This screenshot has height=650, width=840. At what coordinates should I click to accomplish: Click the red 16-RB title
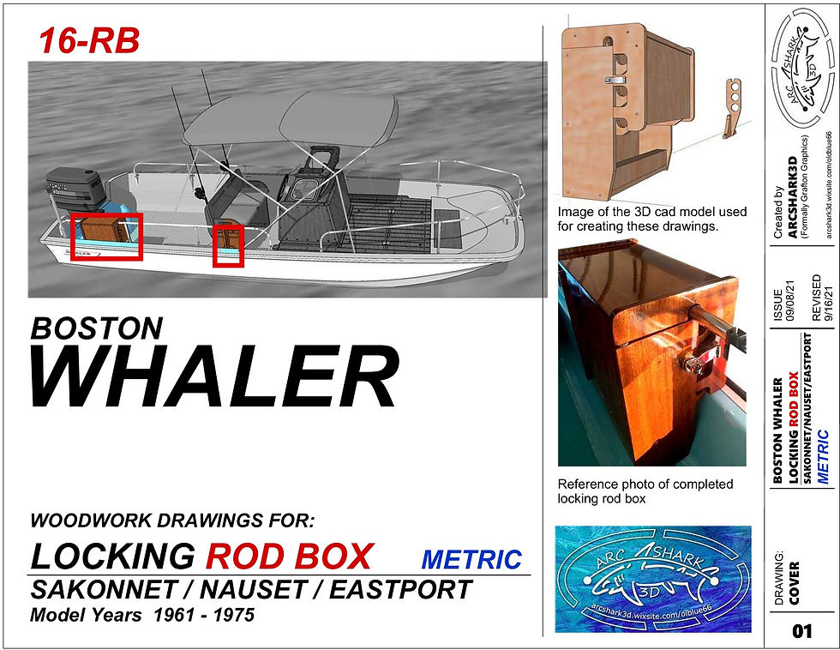coord(89,40)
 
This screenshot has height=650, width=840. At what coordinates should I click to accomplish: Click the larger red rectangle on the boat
coord(106,237)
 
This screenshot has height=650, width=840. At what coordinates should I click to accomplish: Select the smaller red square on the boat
coord(228,245)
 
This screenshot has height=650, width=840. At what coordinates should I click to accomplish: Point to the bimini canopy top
coord(290,119)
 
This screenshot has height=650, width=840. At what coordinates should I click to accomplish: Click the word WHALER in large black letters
coord(215,375)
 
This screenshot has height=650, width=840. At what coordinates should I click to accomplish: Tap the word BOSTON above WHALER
coord(96,328)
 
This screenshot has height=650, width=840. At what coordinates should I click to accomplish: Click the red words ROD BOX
coord(290,557)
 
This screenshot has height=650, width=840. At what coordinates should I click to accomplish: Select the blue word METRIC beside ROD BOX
coord(471,559)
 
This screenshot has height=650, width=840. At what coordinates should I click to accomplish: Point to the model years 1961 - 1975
coord(204,615)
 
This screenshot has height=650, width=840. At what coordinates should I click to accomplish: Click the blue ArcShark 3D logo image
coord(653,580)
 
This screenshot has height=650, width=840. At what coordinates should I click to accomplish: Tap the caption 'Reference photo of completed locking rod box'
coord(645,491)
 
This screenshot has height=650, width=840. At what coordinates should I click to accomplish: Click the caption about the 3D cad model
coord(652,219)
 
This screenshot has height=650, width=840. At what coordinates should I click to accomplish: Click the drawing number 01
coord(802,631)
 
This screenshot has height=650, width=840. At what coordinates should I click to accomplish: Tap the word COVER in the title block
coord(794,583)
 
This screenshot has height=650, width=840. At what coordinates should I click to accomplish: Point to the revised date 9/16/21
coord(828,303)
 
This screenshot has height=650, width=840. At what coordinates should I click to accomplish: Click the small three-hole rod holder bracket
coord(732,108)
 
